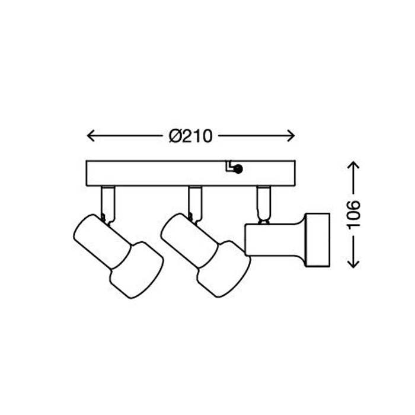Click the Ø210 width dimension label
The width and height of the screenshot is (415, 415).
pyautogui.click(x=190, y=136)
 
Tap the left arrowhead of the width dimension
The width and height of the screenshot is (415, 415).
pyautogui.click(x=91, y=136)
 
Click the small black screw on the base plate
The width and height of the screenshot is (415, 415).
pyautogui.click(x=238, y=170)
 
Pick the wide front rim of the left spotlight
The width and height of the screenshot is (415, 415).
pyautogui.click(x=137, y=270)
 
